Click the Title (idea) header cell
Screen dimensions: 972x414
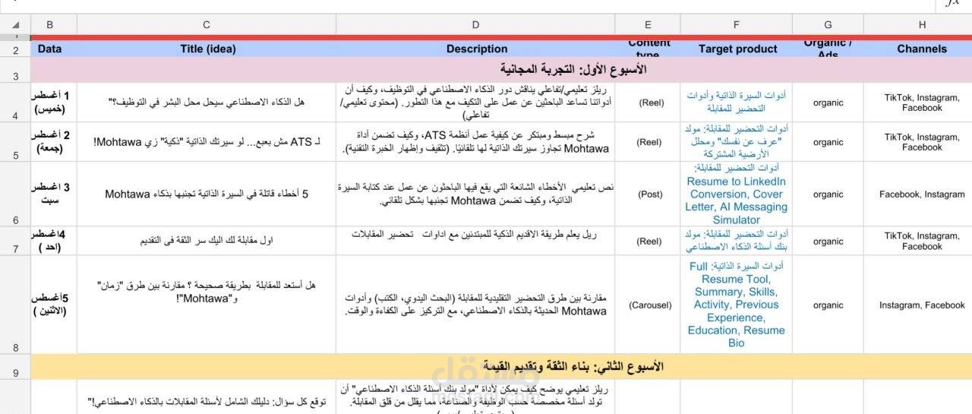(207, 49)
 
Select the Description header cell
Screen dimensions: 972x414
(476, 49)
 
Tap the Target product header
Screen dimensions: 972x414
(737, 49)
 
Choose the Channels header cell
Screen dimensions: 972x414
(922, 49)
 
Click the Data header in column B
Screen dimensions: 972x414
(50, 49)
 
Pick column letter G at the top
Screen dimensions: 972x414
(828, 24)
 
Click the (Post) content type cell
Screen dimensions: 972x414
(649, 194)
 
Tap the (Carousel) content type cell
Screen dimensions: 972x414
(649, 305)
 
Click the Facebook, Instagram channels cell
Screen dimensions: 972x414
(922, 194)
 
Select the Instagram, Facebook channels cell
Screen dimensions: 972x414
(922, 305)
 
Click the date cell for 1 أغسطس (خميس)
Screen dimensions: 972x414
(50, 102)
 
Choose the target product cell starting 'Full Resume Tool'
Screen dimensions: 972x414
(736, 305)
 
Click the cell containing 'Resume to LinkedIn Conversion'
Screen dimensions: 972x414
(736, 194)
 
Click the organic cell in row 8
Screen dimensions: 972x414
(828, 305)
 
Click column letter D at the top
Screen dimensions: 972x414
(475, 24)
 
